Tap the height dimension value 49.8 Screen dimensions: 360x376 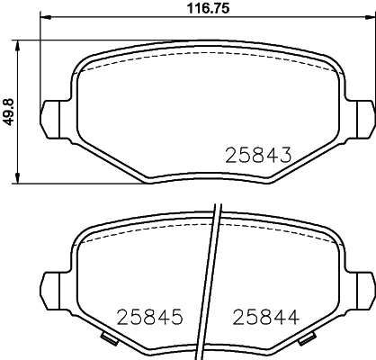click(x=9, y=112)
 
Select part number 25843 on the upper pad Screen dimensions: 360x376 click(x=258, y=154)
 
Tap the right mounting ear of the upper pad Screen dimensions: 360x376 click(x=363, y=114)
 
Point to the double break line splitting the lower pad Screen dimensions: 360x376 click(x=213, y=279)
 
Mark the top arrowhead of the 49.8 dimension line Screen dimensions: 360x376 click(x=21, y=44)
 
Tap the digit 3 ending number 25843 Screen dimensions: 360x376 click(x=286, y=154)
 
